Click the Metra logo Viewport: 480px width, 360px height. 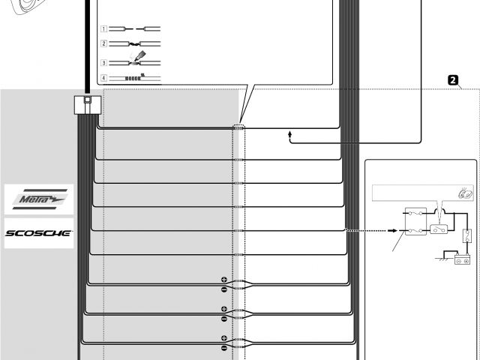point(38,199)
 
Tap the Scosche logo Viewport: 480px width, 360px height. point(38,233)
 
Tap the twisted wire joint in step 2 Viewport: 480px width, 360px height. point(136,45)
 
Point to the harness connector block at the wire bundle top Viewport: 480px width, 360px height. point(88,105)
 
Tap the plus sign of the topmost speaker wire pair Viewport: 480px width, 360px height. point(223,280)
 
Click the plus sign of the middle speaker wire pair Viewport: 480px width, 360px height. point(223,309)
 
